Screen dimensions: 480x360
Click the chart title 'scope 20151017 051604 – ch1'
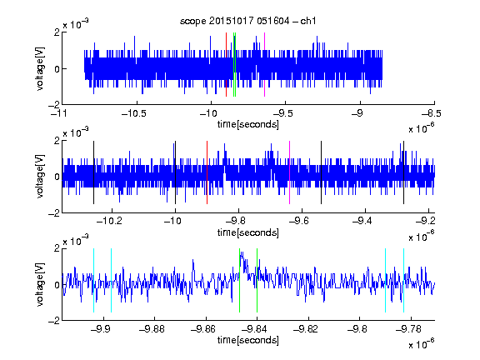pos(247,21)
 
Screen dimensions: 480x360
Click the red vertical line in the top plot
pos(226,65)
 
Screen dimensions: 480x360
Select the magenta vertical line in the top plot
pos(264,65)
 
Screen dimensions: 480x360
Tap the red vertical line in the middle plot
pos(207,172)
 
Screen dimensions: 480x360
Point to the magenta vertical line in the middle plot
pos(290,172)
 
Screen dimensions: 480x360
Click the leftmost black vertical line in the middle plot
pos(93,172)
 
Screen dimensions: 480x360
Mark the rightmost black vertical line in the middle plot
pos(403,172)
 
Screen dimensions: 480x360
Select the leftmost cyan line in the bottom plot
pos(93,280)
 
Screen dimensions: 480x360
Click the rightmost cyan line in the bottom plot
pos(403,280)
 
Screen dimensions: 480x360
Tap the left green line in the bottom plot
pos(239,280)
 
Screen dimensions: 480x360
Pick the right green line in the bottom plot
pos(257,280)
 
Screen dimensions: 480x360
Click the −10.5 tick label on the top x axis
pos(134,113)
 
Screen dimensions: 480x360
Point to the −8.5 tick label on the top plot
pos(432,113)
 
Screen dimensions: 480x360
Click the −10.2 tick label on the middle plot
pos(109,221)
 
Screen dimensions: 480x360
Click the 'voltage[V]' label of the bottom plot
pos(40,285)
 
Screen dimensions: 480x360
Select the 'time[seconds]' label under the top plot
pos(248,125)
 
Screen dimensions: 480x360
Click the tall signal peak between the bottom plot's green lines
pos(242,253)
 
